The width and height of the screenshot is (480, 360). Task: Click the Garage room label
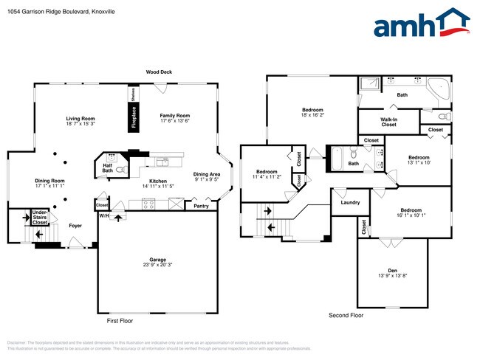[157, 260]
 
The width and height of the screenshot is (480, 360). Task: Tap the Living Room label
[80, 119]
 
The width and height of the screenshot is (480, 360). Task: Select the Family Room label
[175, 116]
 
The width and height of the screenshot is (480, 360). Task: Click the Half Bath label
[108, 168]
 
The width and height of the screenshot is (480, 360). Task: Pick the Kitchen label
[157, 181]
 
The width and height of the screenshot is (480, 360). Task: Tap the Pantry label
[201, 206]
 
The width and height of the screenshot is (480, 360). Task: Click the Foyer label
[75, 227]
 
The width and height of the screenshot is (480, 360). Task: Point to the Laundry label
[349, 202]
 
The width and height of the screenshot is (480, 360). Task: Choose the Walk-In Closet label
[388, 122]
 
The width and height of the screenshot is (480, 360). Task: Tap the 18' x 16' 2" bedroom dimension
[312, 115]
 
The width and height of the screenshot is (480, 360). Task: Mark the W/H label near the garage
[105, 216]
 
